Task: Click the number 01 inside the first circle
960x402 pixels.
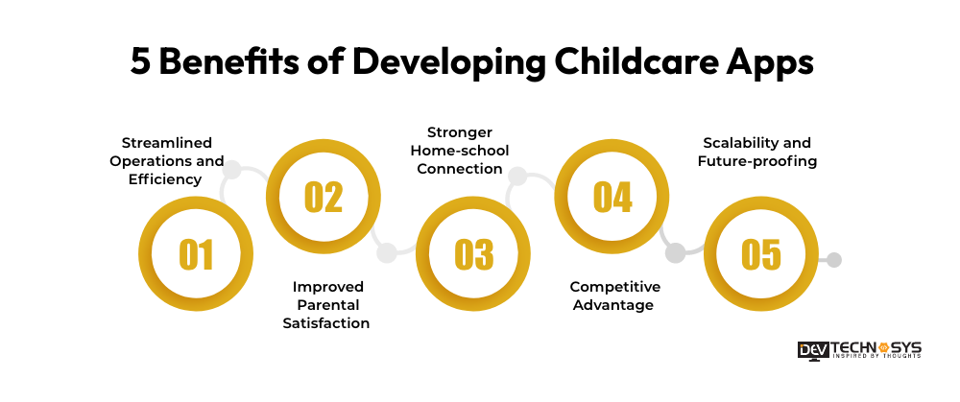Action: tap(196, 254)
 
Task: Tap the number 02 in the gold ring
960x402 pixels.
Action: tap(324, 197)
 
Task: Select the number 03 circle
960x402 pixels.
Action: tap(473, 254)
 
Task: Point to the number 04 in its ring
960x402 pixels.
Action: tap(612, 197)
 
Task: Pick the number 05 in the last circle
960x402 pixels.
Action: tap(761, 254)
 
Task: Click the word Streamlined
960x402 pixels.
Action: tap(166, 143)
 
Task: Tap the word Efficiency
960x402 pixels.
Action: tap(165, 179)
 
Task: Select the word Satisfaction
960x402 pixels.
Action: tap(326, 323)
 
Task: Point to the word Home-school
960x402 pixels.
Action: tap(460, 151)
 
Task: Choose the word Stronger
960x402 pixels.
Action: tap(460, 132)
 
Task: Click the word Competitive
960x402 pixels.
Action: tap(615, 287)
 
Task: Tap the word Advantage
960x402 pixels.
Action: tap(612, 305)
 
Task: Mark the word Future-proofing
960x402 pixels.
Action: tap(757, 161)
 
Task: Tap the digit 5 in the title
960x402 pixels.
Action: tap(140, 62)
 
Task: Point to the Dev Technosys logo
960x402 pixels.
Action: tap(859, 350)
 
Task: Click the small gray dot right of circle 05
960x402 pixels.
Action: tap(833, 260)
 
